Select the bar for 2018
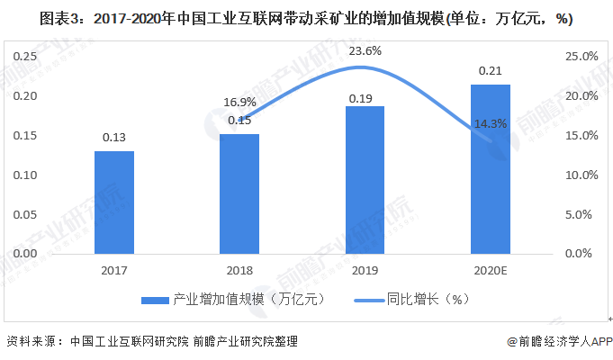point(239,193)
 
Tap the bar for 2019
point(365,179)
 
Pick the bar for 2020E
point(490,169)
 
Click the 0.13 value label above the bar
point(114,138)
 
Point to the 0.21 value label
point(490,70)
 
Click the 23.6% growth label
point(364,51)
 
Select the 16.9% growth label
point(239,102)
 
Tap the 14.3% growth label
point(489,123)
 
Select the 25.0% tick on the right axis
point(581,57)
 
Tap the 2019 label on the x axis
point(365,269)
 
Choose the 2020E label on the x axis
point(490,269)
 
